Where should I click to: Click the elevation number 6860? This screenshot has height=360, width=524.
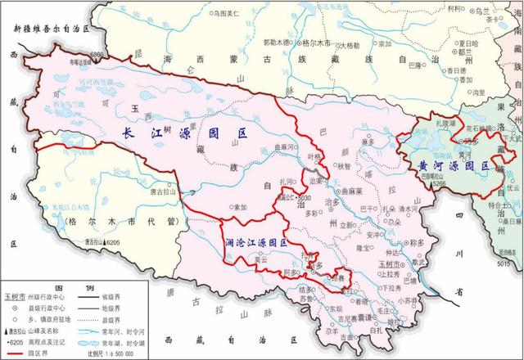[x=99, y=54]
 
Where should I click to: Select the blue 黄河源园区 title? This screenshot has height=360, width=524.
[x=448, y=165]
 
